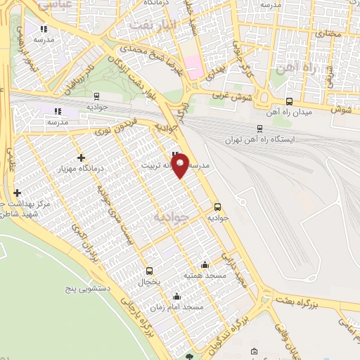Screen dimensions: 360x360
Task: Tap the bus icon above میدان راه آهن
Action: [x=290, y=101]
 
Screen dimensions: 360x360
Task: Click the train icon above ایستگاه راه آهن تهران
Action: [x=260, y=129]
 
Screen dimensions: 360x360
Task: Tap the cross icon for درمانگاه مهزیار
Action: [x=82, y=158]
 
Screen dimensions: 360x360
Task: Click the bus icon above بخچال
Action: [x=149, y=271]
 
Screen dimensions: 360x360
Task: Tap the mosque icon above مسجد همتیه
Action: [x=205, y=264]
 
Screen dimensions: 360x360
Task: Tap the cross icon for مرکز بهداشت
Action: [x=17, y=193]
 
